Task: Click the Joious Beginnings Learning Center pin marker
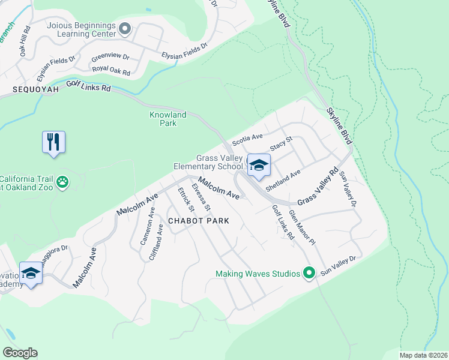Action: coord(125,28)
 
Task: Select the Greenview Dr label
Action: coord(110,57)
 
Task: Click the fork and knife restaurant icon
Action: coord(53,142)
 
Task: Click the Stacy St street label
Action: coord(280,144)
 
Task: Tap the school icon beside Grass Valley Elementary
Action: coord(258,166)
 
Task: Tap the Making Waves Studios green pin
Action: coord(309,274)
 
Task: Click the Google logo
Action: coord(20,353)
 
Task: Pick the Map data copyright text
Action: coord(423,355)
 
